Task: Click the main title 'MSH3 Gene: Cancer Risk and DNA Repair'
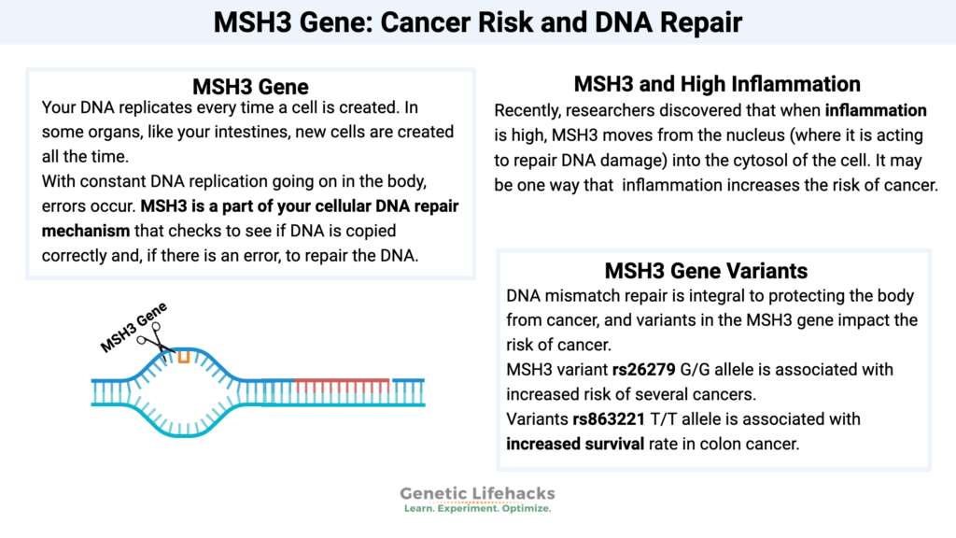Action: [477, 21]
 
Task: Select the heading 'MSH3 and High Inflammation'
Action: [717, 84]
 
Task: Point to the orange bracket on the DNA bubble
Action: [185, 356]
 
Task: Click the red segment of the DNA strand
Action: [341, 382]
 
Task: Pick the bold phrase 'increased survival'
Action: [575, 443]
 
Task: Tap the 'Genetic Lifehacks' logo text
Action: [477, 494]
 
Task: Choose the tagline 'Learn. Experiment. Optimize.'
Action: [477, 510]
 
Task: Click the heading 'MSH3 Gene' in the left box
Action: [250, 88]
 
